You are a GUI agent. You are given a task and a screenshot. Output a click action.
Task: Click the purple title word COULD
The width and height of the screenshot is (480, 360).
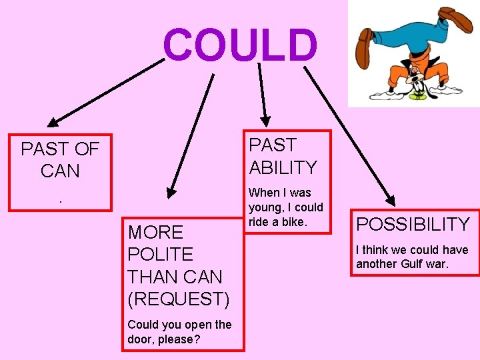(x=241, y=45)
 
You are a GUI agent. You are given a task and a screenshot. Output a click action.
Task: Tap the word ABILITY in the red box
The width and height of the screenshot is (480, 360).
(x=283, y=167)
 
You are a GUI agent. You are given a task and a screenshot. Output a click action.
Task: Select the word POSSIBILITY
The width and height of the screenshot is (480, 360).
(x=413, y=224)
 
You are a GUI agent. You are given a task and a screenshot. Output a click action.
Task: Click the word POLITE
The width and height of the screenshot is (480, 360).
(x=160, y=254)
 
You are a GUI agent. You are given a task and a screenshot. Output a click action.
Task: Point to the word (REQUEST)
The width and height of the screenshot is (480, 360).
(x=179, y=299)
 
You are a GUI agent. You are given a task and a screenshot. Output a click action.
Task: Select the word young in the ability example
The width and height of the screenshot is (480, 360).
(x=264, y=207)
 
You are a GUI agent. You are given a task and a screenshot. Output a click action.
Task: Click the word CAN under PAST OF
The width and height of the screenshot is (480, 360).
(x=60, y=171)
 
